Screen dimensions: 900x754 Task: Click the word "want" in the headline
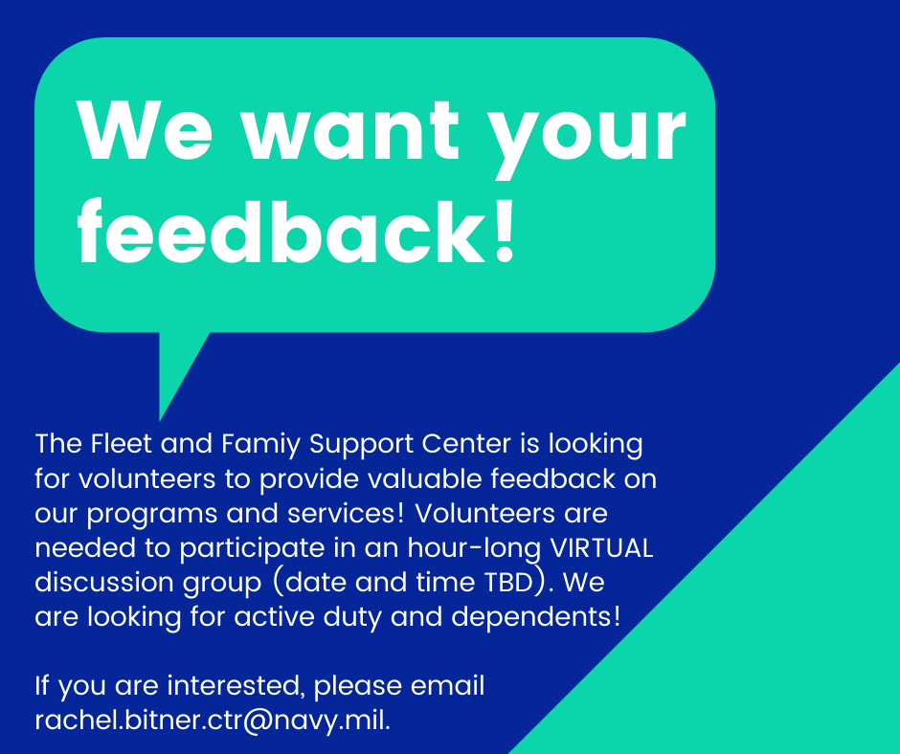click(x=350, y=131)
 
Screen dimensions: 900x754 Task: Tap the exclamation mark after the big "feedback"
click(x=505, y=231)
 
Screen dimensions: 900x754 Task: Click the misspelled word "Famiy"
click(x=260, y=445)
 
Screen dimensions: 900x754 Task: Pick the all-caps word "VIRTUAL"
click(x=601, y=548)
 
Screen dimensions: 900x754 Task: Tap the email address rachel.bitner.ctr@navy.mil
click(x=213, y=721)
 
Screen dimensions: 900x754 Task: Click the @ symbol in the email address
click(x=258, y=721)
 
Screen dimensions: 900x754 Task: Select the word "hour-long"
click(x=475, y=549)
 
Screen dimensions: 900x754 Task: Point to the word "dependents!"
click(x=535, y=617)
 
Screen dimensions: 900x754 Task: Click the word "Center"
click(x=466, y=444)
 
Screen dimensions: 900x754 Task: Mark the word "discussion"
click(x=104, y=583)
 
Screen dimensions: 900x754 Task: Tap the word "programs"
click(x=152, y=515)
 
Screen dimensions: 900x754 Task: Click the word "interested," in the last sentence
click(x=235, y=686)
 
